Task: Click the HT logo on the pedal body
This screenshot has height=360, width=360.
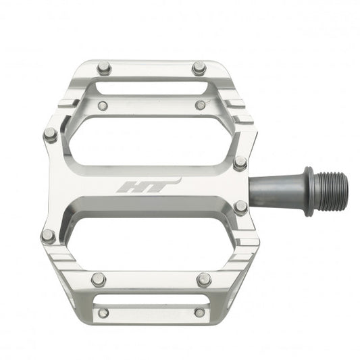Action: (148, 186)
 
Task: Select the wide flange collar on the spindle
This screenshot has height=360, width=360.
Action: (308, 191)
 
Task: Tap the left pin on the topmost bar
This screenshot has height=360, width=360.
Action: (103, 68)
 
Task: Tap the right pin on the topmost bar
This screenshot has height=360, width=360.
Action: (199, 68)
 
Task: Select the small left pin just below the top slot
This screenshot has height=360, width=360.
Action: (103, 106)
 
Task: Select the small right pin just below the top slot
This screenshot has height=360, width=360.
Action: (201, 105)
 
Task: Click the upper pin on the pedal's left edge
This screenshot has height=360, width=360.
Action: (51, 134)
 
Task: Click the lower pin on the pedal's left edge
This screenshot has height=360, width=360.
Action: (48, 236)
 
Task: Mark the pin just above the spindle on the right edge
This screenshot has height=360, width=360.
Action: (240, 162)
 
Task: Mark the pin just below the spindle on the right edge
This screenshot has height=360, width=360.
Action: (240, 207)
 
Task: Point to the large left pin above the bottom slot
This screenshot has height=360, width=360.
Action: (99, 278)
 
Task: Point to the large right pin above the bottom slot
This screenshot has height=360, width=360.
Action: (203, 279)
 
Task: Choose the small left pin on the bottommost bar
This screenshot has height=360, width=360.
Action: (103, 313)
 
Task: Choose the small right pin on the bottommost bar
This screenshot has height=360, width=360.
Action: (199, 312)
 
